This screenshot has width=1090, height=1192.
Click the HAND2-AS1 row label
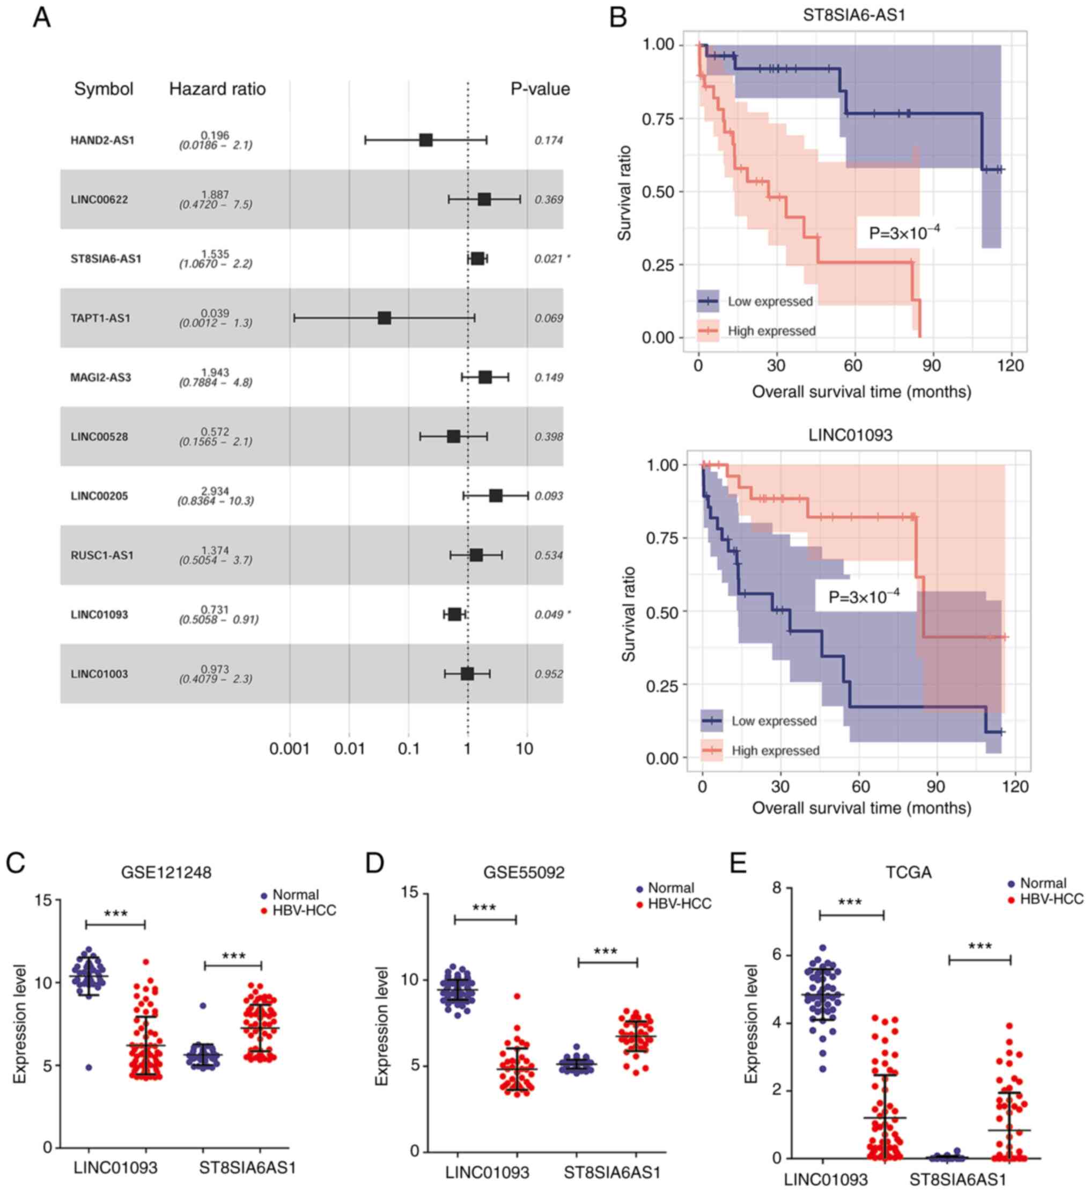(x=102, y=141)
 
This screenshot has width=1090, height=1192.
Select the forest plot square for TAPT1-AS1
(x=384, y=318)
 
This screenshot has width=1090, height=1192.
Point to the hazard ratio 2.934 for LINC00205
(x=215, y=492)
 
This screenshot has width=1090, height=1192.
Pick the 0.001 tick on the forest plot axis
(x=290, y=749)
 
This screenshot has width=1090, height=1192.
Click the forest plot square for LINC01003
(x=467, y=674)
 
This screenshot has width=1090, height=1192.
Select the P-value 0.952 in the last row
(x=549, y=674)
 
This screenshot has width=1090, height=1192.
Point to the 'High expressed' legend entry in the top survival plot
(x=771, y=331)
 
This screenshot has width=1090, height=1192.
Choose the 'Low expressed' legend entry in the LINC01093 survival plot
(x=774, y=721)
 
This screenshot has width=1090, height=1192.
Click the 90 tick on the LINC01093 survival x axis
(x=935, y=786)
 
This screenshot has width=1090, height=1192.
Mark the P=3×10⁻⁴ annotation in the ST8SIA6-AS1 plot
(x=904, y=232)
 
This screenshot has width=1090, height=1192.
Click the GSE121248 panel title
(x=166, y=872)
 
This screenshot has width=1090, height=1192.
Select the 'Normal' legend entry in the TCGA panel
(x=1043, y=883)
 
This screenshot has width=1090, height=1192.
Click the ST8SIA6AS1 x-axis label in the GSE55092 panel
(x=611, y=1173)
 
